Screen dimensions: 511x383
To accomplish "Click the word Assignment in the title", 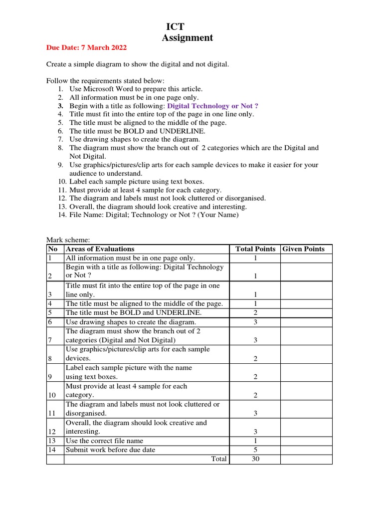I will [x=187, y=38].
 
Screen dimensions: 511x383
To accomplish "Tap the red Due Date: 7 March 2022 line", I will [x=86, y=48].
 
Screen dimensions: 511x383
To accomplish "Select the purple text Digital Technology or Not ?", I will [x=213, y=106].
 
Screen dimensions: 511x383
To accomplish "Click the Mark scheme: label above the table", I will [x=68, y=240].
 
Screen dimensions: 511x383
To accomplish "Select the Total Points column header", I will [x=255, y=249].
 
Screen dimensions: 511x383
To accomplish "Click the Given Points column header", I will [x=304, y=249].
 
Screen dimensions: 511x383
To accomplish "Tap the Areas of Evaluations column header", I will [x=100, y=249].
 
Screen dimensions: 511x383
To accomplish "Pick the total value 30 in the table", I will [x=255, y=459].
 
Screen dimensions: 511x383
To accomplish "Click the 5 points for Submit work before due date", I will [x=255, y=450].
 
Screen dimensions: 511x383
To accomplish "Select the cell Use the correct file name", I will [x=104, y=441].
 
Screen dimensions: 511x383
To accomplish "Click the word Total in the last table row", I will [x=218, y=459].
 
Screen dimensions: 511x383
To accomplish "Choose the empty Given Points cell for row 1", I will [x=306, y=258].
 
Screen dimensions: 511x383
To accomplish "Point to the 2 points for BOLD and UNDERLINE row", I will [x=255, y=313].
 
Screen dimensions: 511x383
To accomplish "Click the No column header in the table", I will [x=52, y=249].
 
